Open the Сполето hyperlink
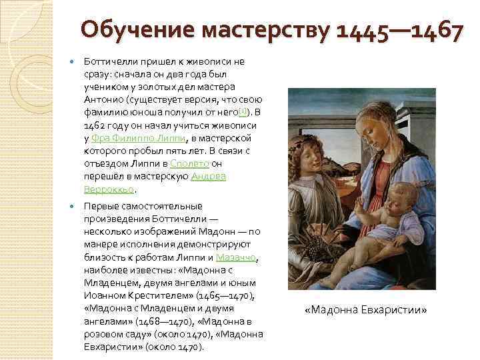coord(190,163)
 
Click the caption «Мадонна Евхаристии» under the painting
coord(365,310)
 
